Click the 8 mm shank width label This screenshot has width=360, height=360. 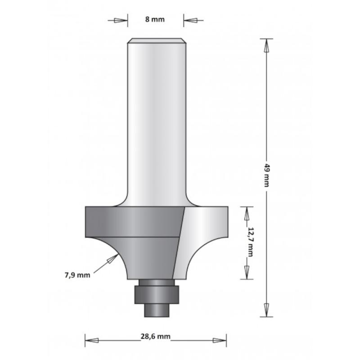(x=155, y=19)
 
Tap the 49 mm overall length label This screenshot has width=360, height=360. (x=266, y=175)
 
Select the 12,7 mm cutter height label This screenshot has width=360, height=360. (x=251, y=242)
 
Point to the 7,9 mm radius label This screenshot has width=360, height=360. (x=77, y=275)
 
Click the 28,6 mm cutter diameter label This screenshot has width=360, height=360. (x=155, y=337)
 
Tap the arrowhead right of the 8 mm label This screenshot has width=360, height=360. (x=190, y=20)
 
